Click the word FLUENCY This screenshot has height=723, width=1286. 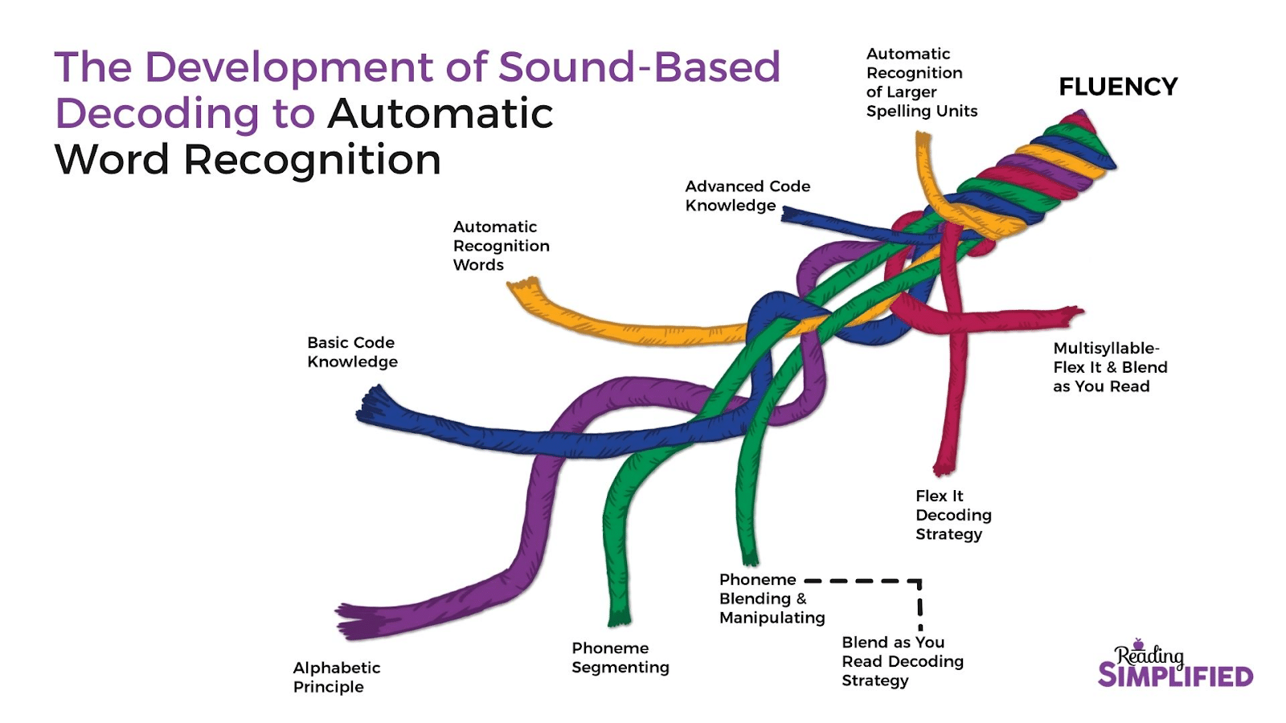[1117, 87]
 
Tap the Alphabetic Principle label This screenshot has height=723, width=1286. [336, 677]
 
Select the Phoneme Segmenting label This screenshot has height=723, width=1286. [620, 657]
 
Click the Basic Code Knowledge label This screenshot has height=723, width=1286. [352, 352]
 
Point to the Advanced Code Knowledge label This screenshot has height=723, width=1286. [747, 195]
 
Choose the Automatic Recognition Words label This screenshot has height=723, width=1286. [501, 246]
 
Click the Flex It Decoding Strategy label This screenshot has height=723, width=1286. [952, 515]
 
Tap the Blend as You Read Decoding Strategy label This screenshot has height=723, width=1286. [902, 661]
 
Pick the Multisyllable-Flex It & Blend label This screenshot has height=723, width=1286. [1109, 367]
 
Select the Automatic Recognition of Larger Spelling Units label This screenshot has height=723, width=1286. [921, 83]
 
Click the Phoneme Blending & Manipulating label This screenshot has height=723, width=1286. [771, 598]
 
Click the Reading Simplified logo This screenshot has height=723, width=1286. [1174, 666]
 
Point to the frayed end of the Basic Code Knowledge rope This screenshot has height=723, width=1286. [369, 405]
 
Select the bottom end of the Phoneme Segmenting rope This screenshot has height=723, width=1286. [618, 619]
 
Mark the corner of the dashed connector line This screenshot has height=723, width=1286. [919, 581]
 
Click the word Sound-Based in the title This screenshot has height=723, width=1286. [639, 67]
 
